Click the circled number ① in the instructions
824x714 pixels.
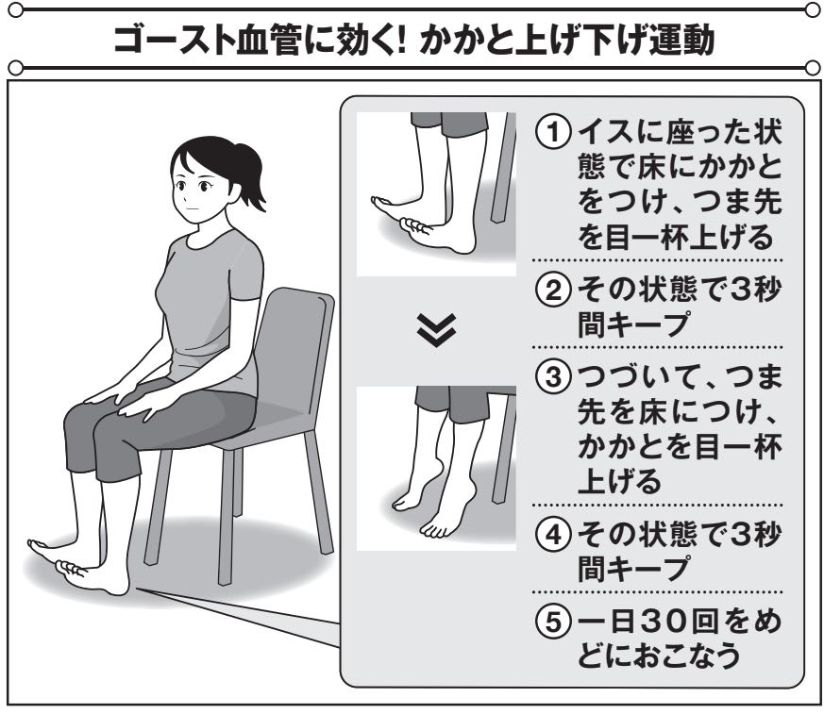click(553, 133)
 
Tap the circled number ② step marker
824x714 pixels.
click(553, 291)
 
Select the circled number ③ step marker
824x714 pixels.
click(553, 377)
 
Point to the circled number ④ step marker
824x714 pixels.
click(553, 535)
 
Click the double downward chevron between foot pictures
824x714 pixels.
click(436, 330)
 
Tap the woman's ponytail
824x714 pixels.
click(251, 175)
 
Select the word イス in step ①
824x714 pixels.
click(605, 133)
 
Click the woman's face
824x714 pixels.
click(195, 188)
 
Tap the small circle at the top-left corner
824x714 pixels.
click(16, 10)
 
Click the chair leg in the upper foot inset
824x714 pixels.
click(502, 168)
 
